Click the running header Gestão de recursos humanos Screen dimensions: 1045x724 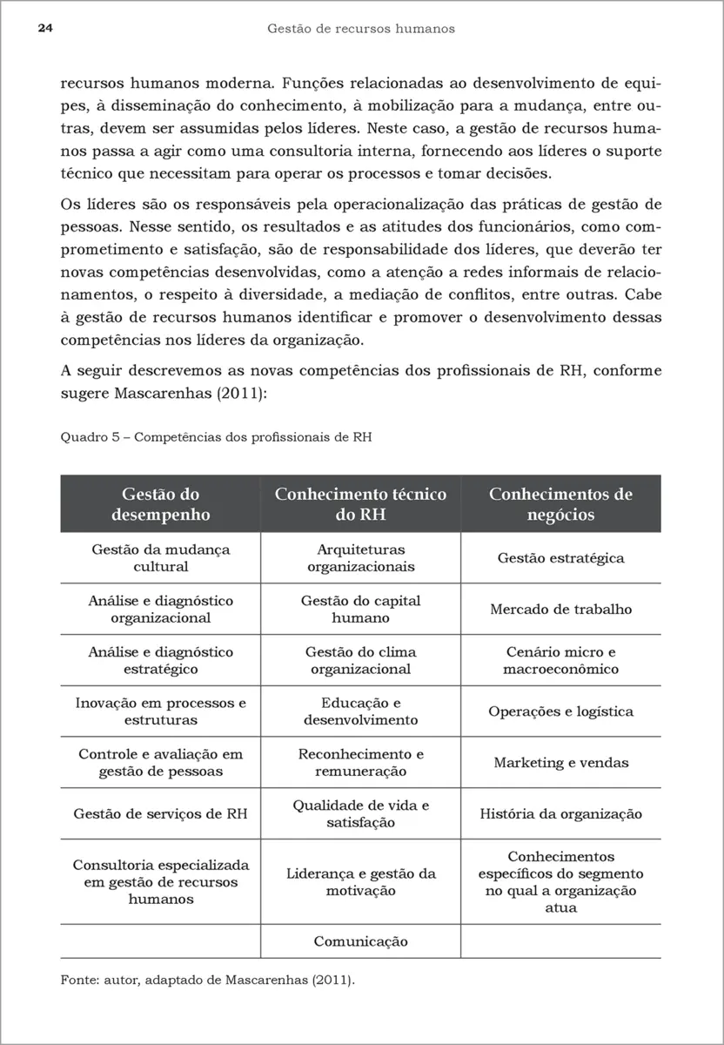[361, 29]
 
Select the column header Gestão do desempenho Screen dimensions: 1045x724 [161, 504]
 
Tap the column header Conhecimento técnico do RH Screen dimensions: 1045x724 [360, 504]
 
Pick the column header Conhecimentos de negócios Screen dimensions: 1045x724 [560, 504]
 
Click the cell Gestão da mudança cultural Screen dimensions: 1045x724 [161, 558]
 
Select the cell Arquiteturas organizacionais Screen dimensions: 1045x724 [360, 558]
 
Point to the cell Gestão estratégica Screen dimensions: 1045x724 [560, 558]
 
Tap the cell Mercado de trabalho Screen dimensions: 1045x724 [560, 610]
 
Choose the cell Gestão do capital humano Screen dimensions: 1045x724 [360, 610]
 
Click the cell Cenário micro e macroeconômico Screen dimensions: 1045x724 [560, 660]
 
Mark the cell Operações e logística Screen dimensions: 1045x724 [560, 711]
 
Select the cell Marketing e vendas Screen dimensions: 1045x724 [560, 763]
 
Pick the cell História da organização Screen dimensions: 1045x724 [560, 814]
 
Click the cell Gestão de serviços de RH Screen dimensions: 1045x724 [161, 814]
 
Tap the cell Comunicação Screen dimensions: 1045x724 [360, 941]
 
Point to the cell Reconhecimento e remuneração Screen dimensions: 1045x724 [360, 763]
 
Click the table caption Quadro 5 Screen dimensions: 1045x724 [216, 437]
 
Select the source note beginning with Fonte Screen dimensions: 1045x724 [208, 980]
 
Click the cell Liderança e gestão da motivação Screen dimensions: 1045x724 [360, 882]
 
